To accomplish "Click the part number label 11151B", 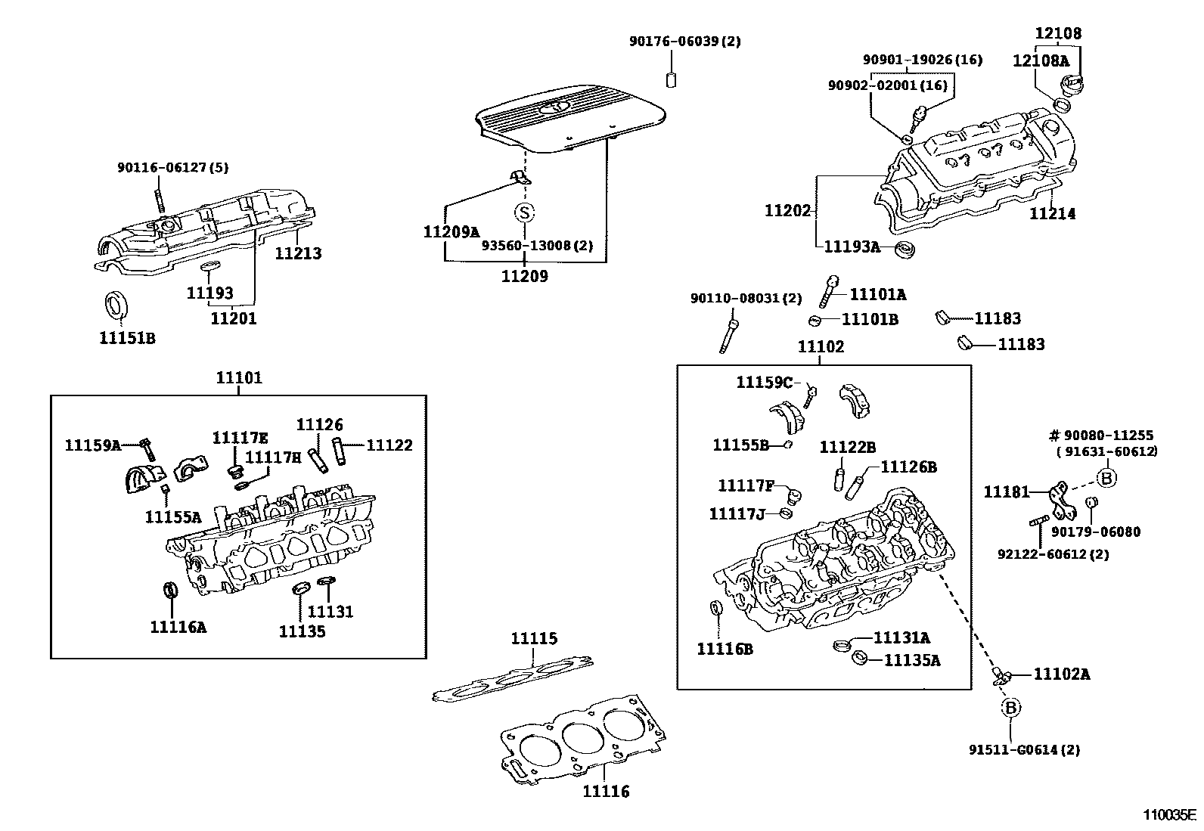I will pyautogui.click(x=127, y=338).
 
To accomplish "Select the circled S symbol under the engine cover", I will pyautogui.click(x=524, y=212).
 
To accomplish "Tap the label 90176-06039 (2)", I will pyautogui.click(x=684, y=42).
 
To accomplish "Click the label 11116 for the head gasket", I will pyautogui.click(x=606, y=792).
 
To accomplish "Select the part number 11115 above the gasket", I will pyautogui.click(x=534, y=639).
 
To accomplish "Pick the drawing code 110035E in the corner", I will pyautogui.click(x=1169, y=815).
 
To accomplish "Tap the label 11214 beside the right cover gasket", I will pyautogui.click(x=1052, y=214).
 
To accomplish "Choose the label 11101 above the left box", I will pyautogui.click(x=239, y=377).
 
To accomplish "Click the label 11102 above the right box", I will pyautogui.click(x=821, y=347).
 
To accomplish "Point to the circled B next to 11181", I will pyautogui.click(x=1106, y=478).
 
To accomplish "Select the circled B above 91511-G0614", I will pyautogui.click(x=1010, y=708).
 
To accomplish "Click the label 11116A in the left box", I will pyautogui.click(x=178, y=626).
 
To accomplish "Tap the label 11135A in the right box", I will pyautogui.click(x=912, y=660).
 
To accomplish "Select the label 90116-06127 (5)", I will pyautogui.click(x=172, y=168).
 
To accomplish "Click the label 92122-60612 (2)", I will pyautogui.click(x=1053, y=554).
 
